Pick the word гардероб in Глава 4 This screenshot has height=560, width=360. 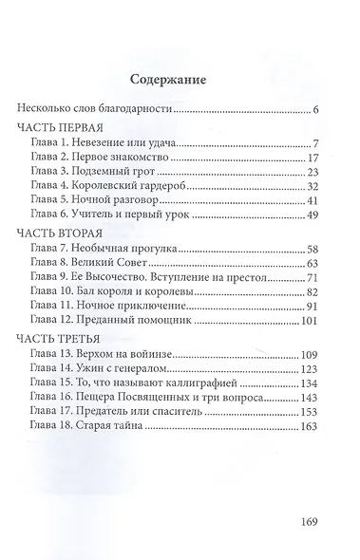pos(175,186)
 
